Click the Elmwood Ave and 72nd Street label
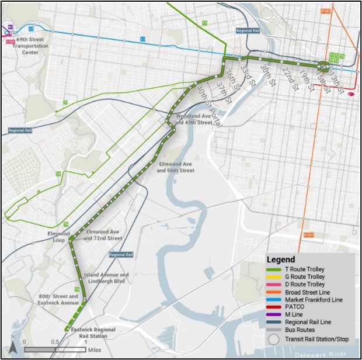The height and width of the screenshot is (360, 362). tap(103, 236)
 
